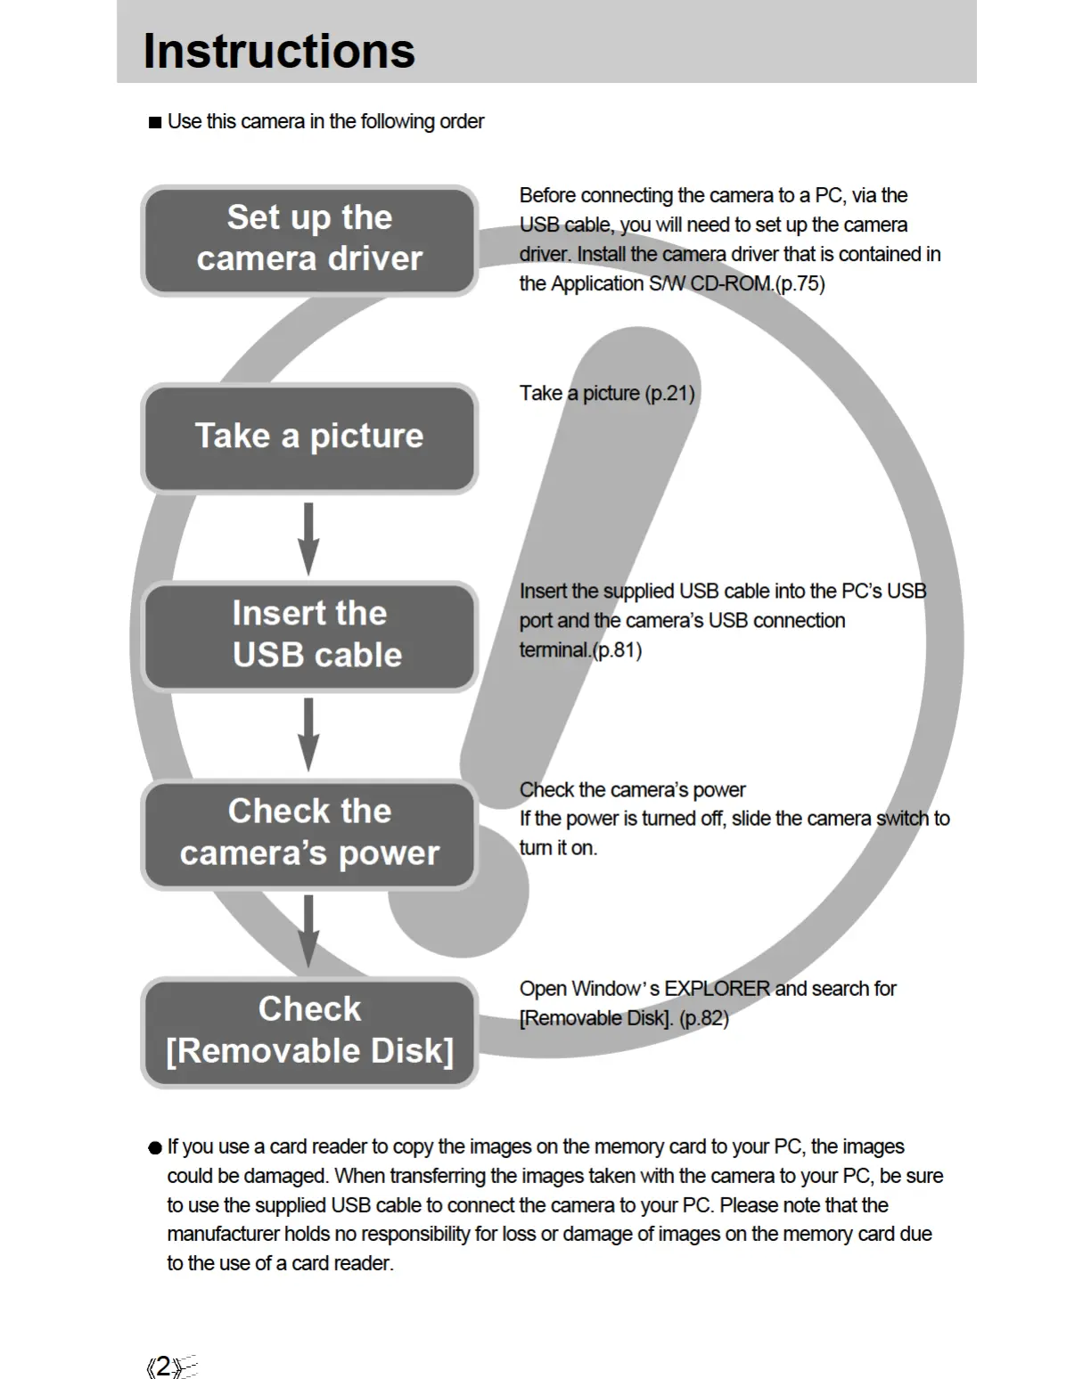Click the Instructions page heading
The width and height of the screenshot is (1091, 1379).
(x=279, y=51)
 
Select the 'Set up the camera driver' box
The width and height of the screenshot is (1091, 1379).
(x=309, y=240)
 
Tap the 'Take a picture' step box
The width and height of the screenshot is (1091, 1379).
(x=309, y=437)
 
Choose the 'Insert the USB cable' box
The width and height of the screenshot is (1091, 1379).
(x=309, y=635)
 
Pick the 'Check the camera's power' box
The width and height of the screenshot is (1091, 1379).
(x=309, y=834)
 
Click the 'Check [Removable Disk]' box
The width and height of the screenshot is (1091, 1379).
(x=309, y=1032)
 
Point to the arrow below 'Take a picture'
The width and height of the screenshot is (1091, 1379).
(x=308, y=539)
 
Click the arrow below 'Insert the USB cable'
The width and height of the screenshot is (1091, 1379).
(x=308, y=735)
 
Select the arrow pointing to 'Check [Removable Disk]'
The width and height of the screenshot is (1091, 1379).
(x=308, y=932)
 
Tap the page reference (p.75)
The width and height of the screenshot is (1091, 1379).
(x=800, y=284)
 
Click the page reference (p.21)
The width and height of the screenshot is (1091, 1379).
(x=669, y=393)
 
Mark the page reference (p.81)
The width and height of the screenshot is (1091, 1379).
(x=617, y=650)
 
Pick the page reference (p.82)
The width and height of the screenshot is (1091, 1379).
(x=703, y=1018)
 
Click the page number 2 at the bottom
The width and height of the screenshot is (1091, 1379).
(x=163, y=1367)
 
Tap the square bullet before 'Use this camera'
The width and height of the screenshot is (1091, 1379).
(x=155, y=122)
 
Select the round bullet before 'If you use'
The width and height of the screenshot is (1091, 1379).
(x=155, y=1147)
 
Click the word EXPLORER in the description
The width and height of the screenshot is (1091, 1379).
(x=717, y=989)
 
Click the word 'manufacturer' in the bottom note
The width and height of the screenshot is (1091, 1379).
(x=223, y=1234)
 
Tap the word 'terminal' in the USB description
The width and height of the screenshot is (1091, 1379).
(x=554, y=650)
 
